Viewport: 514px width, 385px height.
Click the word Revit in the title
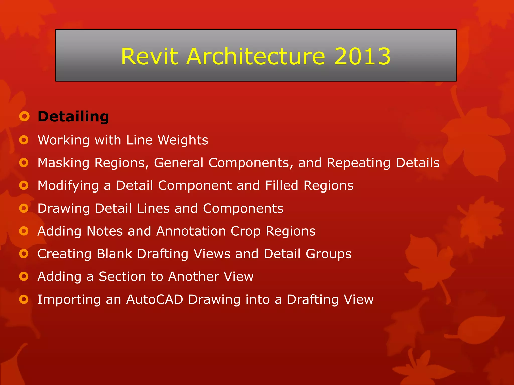tap(149, 56)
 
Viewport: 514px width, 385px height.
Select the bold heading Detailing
tap(73, 117)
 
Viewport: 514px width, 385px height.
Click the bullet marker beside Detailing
tap(24, 116)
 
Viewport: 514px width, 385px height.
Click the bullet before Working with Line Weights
tap(24, 140)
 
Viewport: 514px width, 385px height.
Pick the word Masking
tap(63, 163)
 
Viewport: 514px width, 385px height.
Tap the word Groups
tap(329, 254)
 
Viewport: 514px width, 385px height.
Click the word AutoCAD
tap(155, 300)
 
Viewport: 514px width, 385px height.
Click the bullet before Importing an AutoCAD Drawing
tap(24, 299)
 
